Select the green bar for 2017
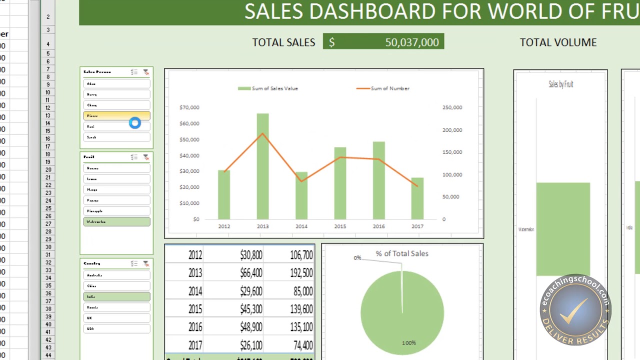point(417,198)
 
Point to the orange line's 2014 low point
point(301,180)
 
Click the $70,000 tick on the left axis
point(189,107)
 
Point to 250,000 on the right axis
point(452,107)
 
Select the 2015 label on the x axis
point(340,226)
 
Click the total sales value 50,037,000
point(411,42)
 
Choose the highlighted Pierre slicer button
point(116,116)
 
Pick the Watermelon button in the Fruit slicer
point(116,221)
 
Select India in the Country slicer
point(116,296)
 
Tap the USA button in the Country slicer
point(116,328)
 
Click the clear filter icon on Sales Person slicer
point(146,72)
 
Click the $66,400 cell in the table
point(251,273)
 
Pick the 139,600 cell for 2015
point(301,309)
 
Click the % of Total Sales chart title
point(402,253)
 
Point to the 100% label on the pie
point(408,343)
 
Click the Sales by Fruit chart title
point(560,84)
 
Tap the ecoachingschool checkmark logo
point(575,310)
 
